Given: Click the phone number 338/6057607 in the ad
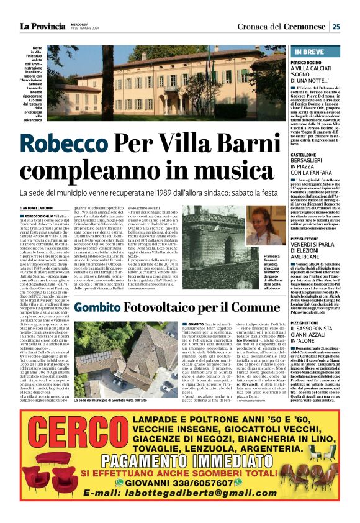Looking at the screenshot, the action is (203, 482).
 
